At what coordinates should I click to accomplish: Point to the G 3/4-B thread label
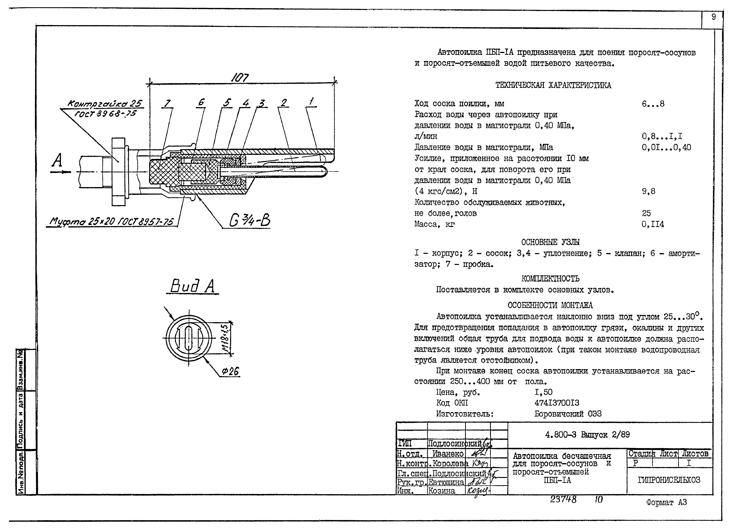(249, 221)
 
